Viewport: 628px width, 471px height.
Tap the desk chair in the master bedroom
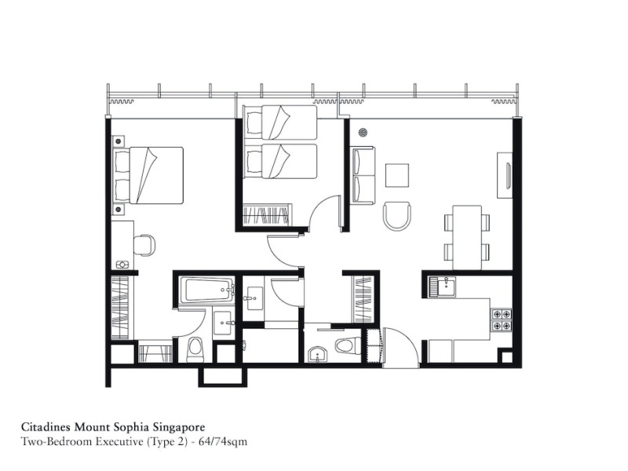[144, 245]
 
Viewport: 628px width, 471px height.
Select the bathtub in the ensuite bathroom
[207, 290]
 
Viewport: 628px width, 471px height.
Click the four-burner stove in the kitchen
[502, 319]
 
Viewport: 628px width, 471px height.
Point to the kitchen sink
[443, 287]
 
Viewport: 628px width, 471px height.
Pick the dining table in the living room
[467, 238]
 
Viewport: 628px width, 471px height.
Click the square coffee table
[397, 175]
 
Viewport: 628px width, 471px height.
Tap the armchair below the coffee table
[397, 215]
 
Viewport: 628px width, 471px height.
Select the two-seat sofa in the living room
[363, 175]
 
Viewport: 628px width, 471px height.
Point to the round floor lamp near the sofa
[363, 132]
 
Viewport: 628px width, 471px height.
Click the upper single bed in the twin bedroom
[280, 122]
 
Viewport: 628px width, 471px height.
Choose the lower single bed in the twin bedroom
[280, 161]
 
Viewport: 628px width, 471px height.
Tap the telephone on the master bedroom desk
[122, 265]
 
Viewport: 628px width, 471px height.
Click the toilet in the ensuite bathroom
[195, 348]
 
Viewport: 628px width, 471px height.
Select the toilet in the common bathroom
[348, 345]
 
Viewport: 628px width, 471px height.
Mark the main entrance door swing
[401, 347]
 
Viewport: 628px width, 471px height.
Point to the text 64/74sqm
[223, 442]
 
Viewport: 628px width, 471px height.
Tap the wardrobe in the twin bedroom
[266, 215]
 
